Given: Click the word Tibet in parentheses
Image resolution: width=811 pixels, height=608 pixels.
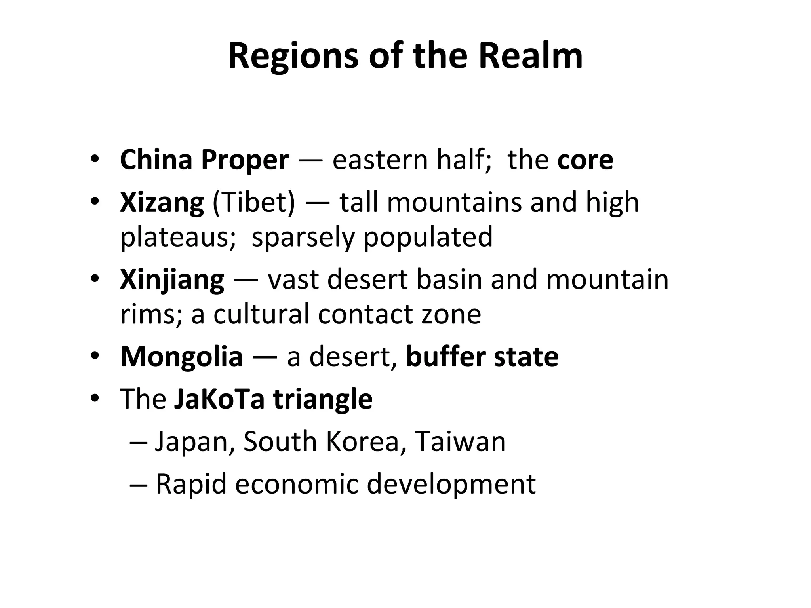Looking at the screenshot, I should (x=254, y=203).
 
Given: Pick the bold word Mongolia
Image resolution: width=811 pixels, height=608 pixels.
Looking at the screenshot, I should (x=181, y=357).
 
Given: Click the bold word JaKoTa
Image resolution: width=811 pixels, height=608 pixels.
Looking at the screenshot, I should (x=219, y=399).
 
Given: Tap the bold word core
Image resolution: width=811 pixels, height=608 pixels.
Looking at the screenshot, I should (x=585, y=160).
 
